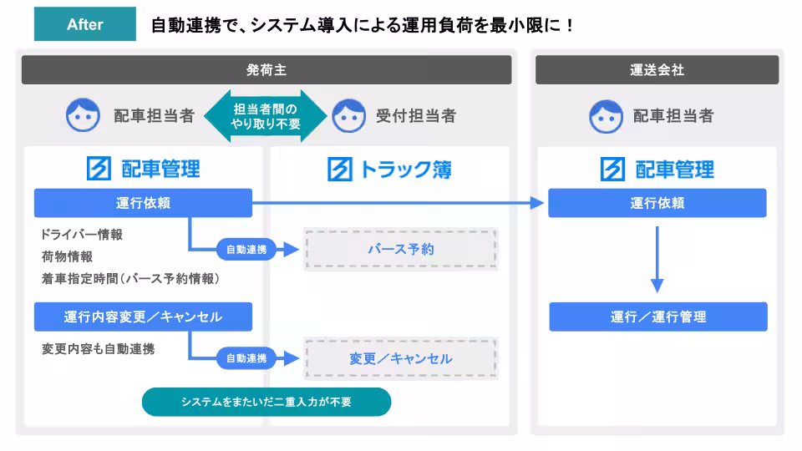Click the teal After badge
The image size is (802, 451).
(84, 24)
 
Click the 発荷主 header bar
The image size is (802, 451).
(266, 70)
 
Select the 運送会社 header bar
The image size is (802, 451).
(657, 70)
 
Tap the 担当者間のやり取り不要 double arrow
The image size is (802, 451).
(266, 116)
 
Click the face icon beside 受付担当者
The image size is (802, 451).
(348, 116)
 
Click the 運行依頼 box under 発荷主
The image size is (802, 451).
(143, 203)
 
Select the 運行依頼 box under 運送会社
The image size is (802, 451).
(657, 203)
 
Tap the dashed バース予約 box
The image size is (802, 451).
(400, 249)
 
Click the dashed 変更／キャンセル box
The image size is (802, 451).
(400, 358)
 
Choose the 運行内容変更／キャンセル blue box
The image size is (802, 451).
(143, 317)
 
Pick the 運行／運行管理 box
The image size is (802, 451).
(657, 317)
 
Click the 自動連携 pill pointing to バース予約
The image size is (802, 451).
(246, 249)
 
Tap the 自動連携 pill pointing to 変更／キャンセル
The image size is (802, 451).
(246, 358)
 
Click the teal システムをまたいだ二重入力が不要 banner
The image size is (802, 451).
(266, 402)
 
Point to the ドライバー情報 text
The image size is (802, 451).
(82, 235)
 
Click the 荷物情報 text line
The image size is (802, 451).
(67, 256)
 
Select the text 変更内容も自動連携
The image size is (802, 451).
(98, 347)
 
